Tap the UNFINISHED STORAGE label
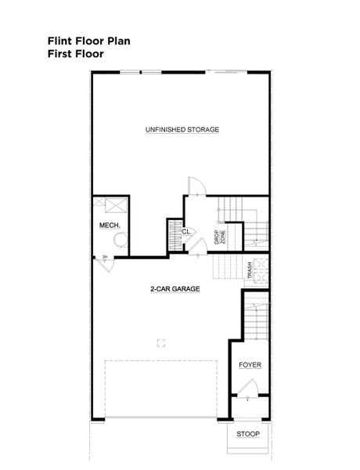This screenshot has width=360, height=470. [182, 129]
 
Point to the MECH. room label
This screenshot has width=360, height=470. [108, 226]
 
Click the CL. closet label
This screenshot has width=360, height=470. [186, 232]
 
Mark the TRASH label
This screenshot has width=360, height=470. [250, 271]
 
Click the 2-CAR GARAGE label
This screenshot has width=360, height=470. [175, 289]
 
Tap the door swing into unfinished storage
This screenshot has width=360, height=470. [195, 186]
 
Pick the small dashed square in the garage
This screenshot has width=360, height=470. [161, 342]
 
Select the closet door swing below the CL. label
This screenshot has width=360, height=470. [192, 244]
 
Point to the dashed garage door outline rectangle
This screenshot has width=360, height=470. [161, 388]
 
